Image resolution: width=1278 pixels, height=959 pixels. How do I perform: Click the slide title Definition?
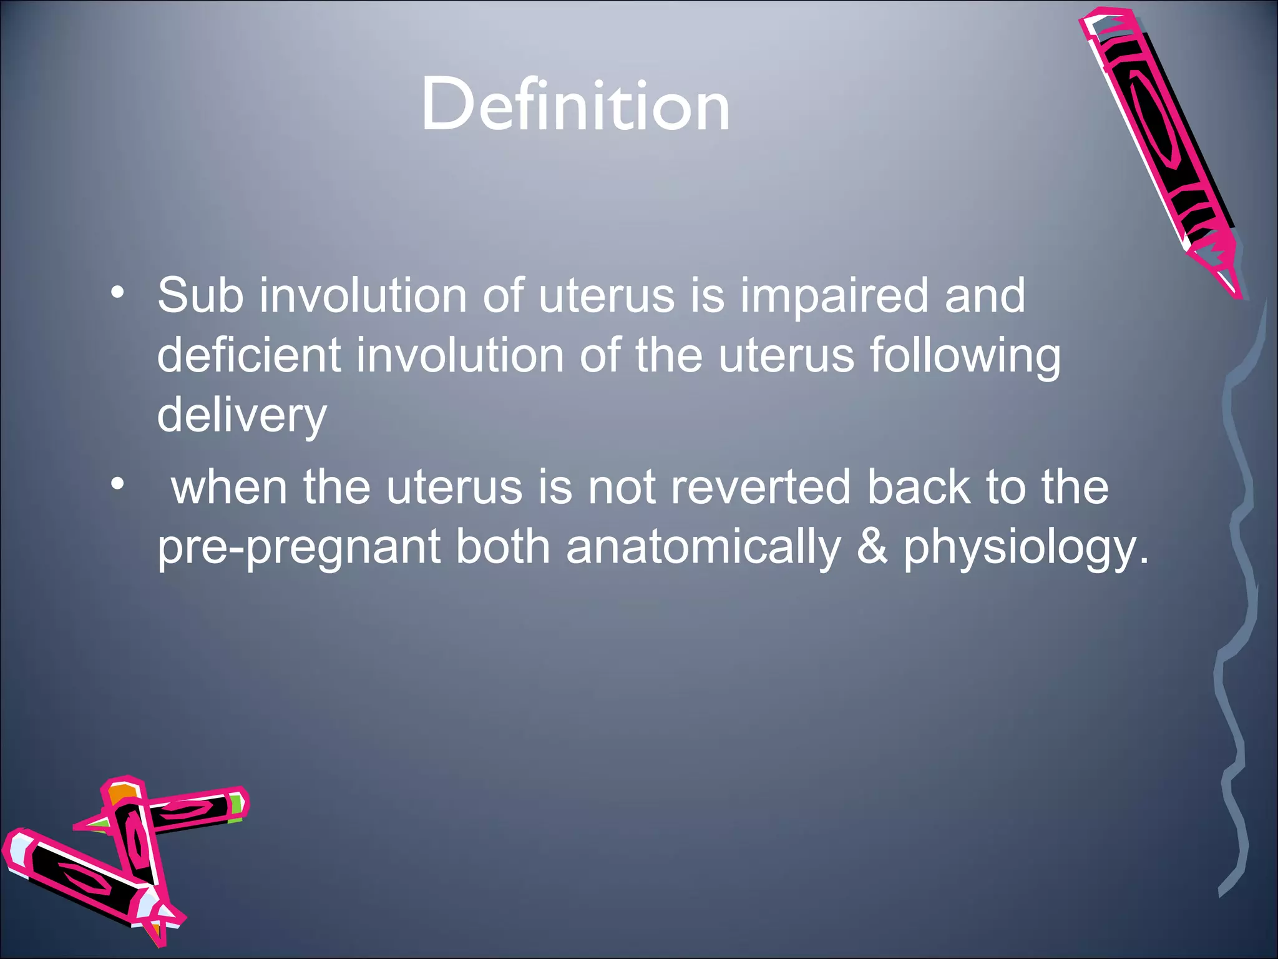coord(575,105)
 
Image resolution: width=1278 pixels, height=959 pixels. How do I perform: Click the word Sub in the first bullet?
coord(200,295)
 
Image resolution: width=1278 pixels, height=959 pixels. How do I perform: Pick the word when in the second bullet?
coord(229,487)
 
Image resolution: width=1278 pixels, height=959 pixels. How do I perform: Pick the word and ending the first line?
coord(985,295)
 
